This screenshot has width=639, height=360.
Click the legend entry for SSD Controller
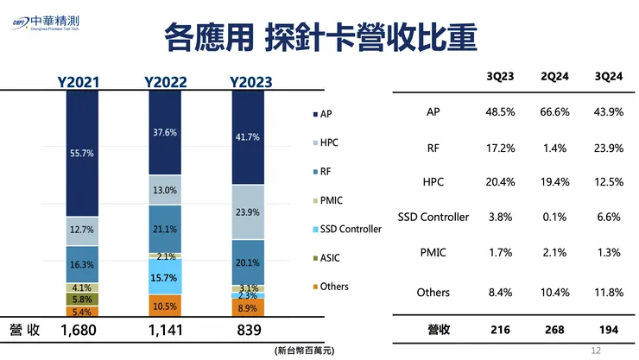(x=345, y=229)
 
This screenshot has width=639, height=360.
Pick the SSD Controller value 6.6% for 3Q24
(x=609, y=217)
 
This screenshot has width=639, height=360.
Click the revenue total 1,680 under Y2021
(x=84, y=331)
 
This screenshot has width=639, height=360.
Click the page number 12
(x=595, y=350)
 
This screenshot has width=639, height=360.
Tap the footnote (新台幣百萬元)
(x=303, y=351)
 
